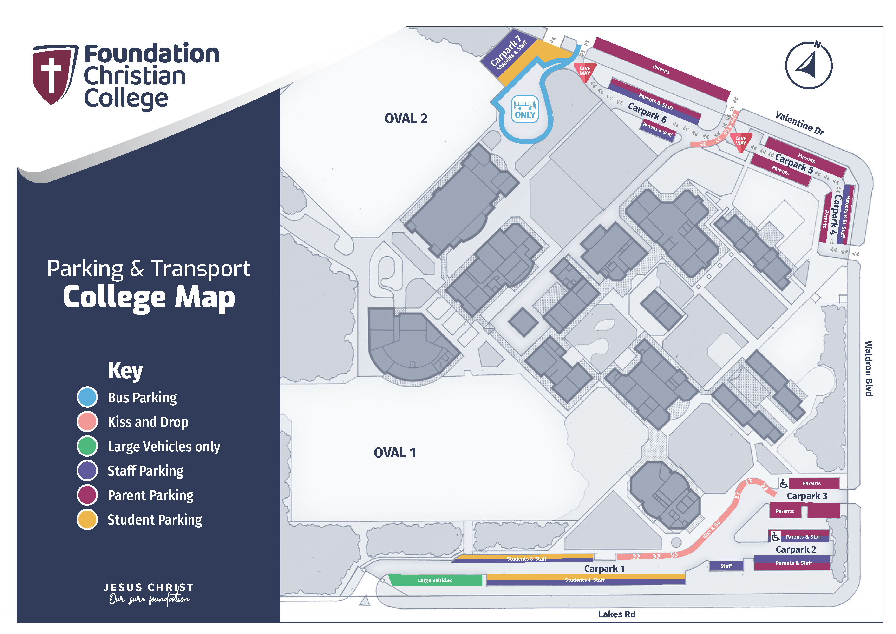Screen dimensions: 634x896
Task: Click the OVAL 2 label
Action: (406, 118)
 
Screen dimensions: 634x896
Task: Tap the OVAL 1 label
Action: (394, 453)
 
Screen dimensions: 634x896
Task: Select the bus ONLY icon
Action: (525, 109)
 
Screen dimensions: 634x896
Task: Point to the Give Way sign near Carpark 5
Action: (741, 141)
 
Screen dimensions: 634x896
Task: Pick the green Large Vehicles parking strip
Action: (435, 580)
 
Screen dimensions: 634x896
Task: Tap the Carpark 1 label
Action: (604, 569)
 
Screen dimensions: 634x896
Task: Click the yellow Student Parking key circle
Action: (87, 520)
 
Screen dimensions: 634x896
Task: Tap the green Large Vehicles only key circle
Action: (87, 446)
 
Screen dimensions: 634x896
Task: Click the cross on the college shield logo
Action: (51, 75)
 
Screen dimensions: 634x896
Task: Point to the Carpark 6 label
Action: (647, 113)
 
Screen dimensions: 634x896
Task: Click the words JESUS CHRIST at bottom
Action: (149, 587)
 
